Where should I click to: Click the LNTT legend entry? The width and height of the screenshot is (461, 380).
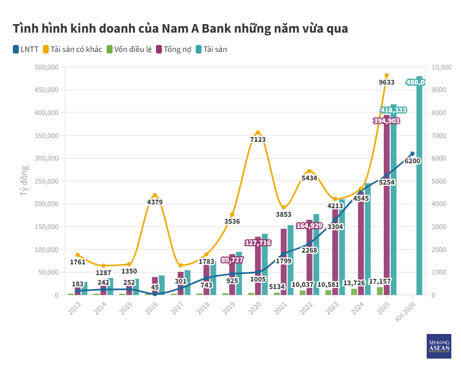(x=26, y=49)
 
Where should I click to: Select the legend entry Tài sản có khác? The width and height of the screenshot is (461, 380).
(x=72, y=49)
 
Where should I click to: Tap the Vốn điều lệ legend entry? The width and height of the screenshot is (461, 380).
(x=129, y=49)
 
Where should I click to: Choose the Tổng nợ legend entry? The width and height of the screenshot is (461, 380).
(x=175, y=49)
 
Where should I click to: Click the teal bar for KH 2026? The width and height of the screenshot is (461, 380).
(x=419, y=187)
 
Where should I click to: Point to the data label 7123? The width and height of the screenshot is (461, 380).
(x=258, y=139)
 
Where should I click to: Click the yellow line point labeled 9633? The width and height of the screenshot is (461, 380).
(x=386, y=75)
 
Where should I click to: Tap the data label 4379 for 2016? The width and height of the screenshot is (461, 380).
(x=155, y=202)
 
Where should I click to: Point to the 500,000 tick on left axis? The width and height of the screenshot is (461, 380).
(x=46, y=67)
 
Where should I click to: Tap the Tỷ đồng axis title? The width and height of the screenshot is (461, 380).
(x=24, y=181)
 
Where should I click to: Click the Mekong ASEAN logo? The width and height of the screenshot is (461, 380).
(x=438, y=346)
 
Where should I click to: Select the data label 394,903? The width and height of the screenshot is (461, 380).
(x=386, y=121)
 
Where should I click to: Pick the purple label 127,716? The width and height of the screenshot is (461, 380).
(x=258, y=243)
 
